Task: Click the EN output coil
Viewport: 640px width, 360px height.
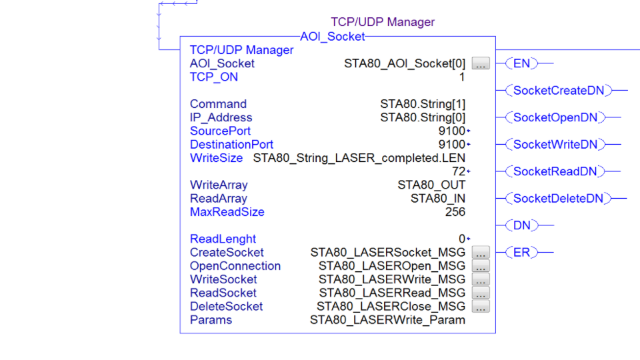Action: pos(521,64)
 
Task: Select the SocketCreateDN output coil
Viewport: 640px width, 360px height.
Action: pos(558,91)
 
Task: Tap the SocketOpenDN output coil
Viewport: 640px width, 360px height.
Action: pos(555,118)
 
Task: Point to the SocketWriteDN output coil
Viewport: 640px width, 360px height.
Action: pos(555,145)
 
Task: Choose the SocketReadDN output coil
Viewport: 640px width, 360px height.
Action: pos(555,171)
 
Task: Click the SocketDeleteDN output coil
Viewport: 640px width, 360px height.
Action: pos(558,199)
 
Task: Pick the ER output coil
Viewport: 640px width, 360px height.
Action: pos(521,253)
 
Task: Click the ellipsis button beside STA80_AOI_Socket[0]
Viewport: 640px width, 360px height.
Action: pos(481,64)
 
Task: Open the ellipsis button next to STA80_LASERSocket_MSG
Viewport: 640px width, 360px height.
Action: pos(481,253)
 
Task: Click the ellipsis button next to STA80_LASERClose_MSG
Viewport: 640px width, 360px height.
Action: pos(481,307)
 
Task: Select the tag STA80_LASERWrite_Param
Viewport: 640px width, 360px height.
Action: pos(387,320)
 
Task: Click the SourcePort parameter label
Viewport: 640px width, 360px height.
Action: pos(220,131)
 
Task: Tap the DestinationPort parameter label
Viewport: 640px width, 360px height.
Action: pos(231,145)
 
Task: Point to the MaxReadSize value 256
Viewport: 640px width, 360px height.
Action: pos(455,212)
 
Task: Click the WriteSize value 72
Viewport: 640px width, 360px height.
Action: pos(458,172)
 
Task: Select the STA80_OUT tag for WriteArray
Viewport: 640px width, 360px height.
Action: pos(431,185)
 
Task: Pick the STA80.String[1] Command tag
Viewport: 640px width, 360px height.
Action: pos(423,104)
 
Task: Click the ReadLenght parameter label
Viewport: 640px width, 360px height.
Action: pos(223,239)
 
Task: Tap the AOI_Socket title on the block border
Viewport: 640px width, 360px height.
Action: pos(333,37)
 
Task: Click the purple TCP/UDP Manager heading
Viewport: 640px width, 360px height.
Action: pos(383,22)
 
